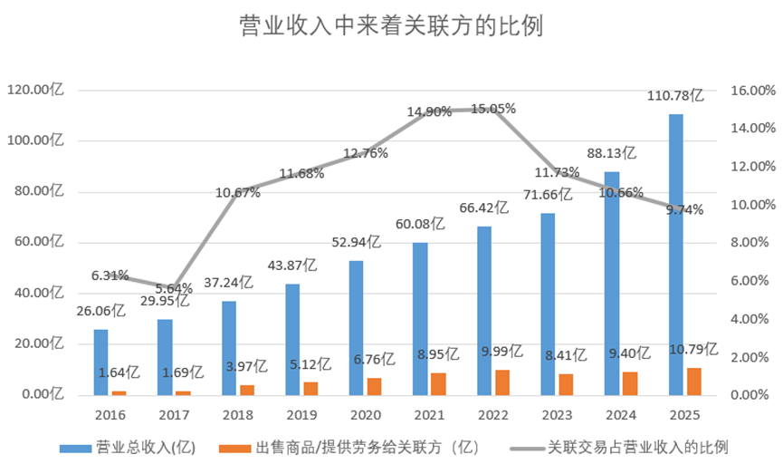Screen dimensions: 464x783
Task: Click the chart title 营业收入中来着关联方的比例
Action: pos(391,24)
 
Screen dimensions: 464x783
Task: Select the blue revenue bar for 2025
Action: pos(675,254)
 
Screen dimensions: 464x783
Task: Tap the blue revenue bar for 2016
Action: pos(100,362)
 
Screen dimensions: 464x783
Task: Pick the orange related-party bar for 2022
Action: pos(502,382)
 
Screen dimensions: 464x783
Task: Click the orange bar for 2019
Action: pos(310,389)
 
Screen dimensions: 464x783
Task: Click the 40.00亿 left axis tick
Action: pos(39,293)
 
